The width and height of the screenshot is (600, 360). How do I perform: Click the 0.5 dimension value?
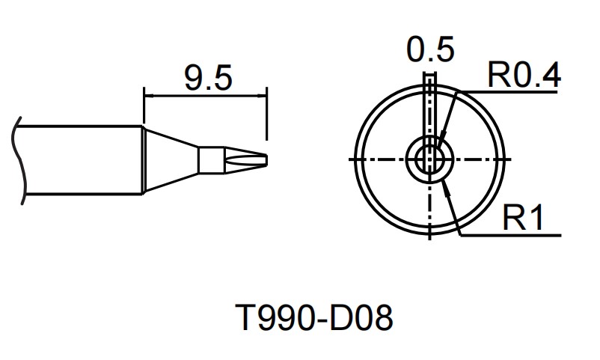point(430,51)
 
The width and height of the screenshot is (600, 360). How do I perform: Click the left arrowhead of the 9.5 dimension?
point(147,96)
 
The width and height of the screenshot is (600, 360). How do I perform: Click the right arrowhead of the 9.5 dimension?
point(263,96)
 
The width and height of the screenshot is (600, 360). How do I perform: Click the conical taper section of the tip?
point(171,159)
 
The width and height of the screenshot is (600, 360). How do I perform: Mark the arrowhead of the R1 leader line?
point(447,186)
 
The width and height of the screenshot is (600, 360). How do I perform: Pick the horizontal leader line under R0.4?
point(516,91)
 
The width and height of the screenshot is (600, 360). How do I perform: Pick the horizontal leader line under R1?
point(516,235)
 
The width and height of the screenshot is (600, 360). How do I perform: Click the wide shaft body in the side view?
point(82,159)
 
